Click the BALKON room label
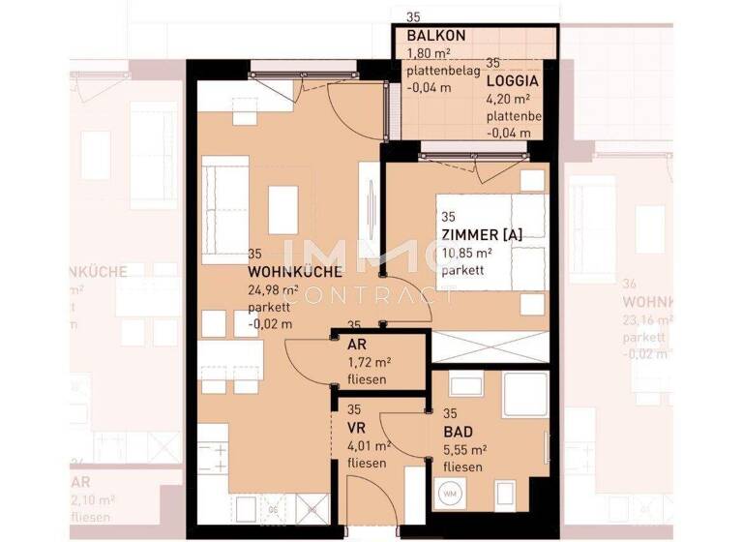[435, 36]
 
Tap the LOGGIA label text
[513, 81]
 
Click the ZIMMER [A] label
[481, 236]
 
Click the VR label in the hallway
[356, 428]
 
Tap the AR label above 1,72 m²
[355, 344]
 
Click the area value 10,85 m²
[466, 254]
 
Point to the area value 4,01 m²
[369, 446]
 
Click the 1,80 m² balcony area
[428, 53]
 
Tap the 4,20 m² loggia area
[508, 99]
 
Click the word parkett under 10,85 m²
[462, 271]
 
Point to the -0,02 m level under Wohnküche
[270, 324]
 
